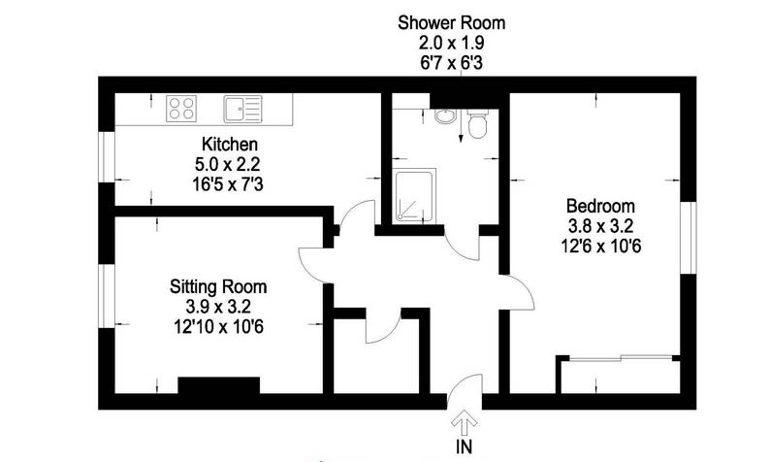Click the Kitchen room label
229,145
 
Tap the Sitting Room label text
218,286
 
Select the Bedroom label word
600,206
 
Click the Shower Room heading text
451,22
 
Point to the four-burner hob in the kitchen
181,109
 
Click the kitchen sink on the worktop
242,109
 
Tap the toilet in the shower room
477,124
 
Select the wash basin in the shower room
445,116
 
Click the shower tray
414,196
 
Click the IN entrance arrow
465,422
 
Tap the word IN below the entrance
465,446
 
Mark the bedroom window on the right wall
689,238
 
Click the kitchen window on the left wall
106,157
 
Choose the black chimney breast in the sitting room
218,385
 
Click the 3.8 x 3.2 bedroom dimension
600,226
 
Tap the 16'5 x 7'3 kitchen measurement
228,184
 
